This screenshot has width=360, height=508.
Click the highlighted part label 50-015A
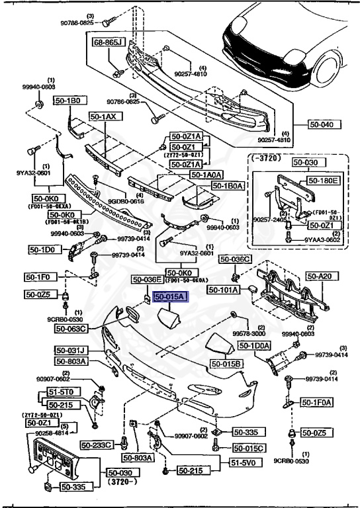(x=171, y=298)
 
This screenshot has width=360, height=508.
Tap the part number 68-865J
(x=109, y=42)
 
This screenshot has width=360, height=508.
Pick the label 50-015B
(x=227, y=364)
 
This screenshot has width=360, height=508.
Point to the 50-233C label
(x=97, y=444)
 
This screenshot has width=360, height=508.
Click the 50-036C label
(x=235, y=259)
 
